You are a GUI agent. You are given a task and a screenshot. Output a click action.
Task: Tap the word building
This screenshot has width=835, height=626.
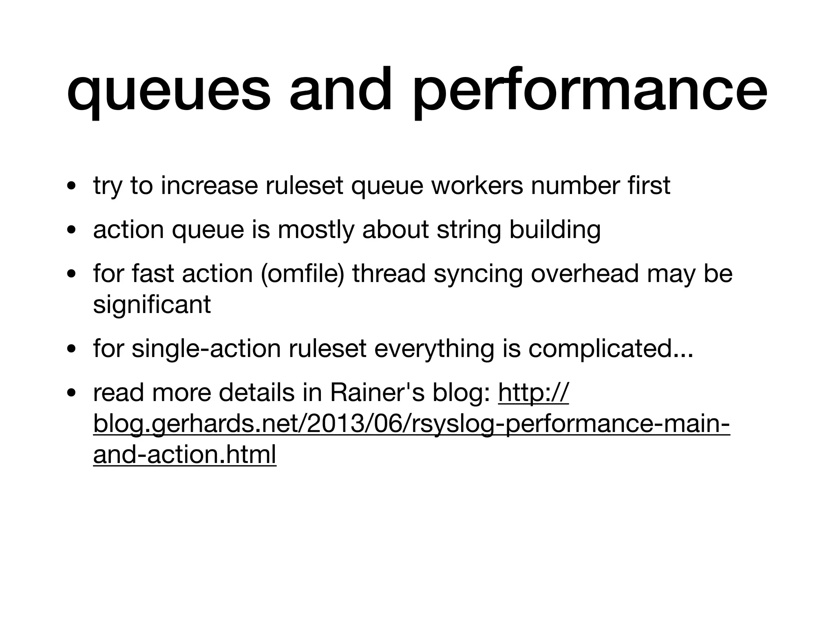pyautogui.click(x=555, y=230)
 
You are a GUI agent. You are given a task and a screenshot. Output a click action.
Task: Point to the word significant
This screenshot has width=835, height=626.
pyautogui.click(x=152, y=305)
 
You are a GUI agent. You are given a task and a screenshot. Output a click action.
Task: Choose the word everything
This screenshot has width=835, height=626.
pyautogui.click(x=434, y=349)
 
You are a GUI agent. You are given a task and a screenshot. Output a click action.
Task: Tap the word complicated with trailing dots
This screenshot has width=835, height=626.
pyautogui.click(x=611, y=349)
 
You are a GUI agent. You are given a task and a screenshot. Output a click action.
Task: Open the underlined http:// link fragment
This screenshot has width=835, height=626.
pyautogui.click(x=533, y=393)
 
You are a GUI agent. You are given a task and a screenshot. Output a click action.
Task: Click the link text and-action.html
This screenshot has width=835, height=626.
pyautogui.click(x=185, y=455)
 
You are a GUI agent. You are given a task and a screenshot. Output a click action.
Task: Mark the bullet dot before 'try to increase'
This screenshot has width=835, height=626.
pyautogui.click(x=71, y=187)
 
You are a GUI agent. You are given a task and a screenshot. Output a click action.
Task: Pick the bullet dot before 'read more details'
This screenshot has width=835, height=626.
pyautogui.click(x=71, y=394)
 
